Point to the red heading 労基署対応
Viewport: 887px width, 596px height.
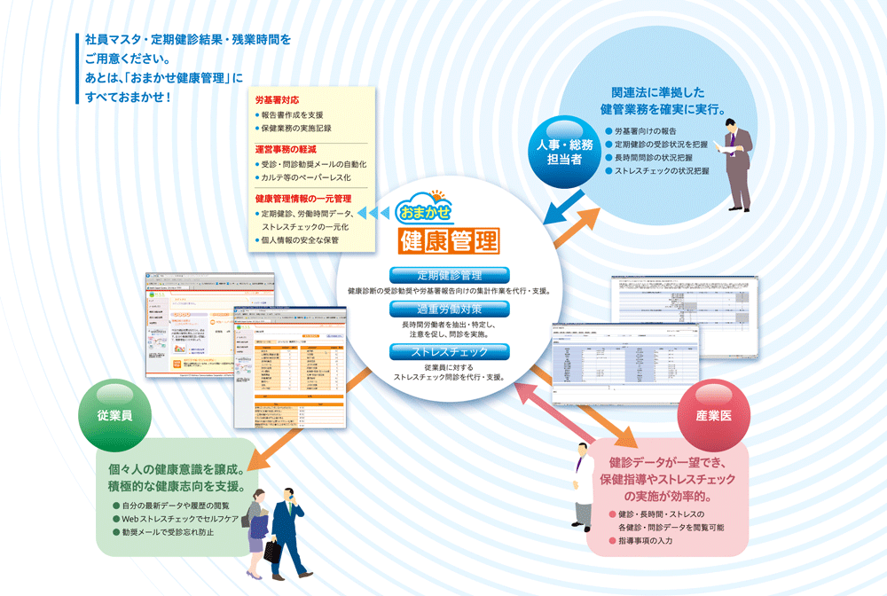click(277, 101)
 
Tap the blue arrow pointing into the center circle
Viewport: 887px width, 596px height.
click(561, 213)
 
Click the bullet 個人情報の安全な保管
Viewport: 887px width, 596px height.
click(300, 240)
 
